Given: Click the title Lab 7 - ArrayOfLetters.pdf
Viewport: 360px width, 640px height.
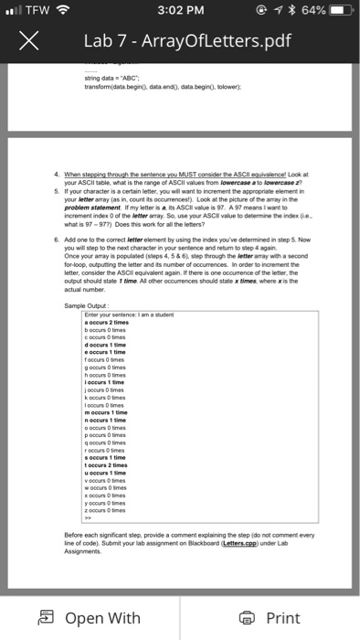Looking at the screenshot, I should coord(184,42).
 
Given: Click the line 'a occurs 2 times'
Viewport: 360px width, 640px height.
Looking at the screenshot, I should coord(108,323).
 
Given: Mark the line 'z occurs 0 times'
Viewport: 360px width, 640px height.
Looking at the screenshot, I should coord(108,508).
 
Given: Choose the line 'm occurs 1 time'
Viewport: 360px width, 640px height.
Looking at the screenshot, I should coord(107,411).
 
